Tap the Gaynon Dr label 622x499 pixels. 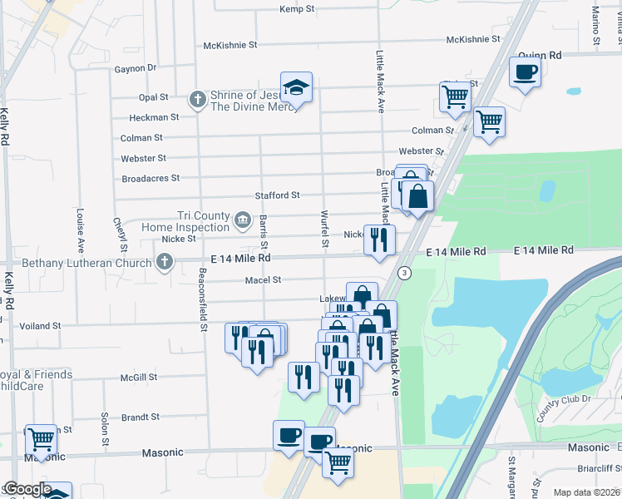136,68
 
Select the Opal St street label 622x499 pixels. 154,97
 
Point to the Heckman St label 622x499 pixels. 155,118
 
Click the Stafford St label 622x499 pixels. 277,195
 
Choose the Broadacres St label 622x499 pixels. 151,178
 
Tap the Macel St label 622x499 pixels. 263,280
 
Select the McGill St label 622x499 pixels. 138,378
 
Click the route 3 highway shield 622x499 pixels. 405,273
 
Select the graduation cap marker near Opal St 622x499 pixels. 296,87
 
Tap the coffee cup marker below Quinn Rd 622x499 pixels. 525,73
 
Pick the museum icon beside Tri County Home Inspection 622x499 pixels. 242,220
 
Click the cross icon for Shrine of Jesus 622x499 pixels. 198,101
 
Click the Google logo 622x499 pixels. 27,489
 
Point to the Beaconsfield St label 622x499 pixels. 202,300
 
